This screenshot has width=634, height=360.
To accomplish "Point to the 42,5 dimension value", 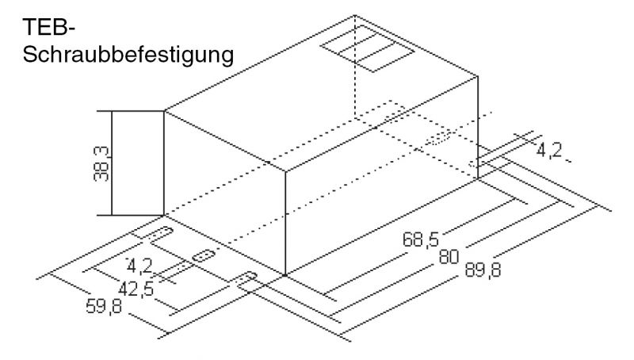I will [x=136, y=287].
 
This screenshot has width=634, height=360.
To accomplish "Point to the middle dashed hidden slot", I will [x=437, y=140].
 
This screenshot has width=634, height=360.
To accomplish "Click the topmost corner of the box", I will [x=354, y=15].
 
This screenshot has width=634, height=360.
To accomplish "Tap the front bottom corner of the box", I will [x=285, y=275].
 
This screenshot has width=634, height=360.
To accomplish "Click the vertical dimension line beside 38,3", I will [x=112, y=163].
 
